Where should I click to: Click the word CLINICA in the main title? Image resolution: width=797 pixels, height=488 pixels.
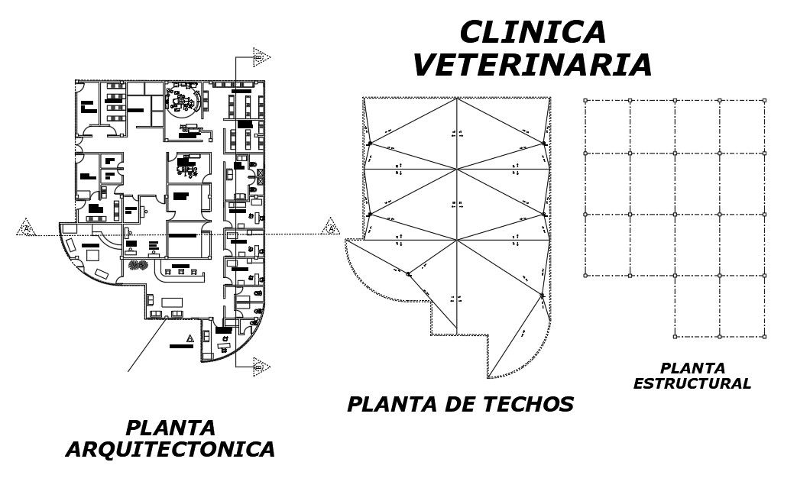[533, 33]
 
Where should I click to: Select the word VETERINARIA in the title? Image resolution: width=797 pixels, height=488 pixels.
[533, 65]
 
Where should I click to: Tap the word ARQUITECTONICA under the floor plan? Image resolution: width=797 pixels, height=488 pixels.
[170, 449]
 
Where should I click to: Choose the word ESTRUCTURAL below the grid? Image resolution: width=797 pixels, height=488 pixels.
[692, 384]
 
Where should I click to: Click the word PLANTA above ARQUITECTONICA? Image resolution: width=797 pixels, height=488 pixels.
[170, 428]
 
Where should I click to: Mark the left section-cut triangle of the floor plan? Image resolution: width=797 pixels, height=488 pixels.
[27, 228]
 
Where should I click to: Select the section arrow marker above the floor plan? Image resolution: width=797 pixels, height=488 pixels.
[261, 56]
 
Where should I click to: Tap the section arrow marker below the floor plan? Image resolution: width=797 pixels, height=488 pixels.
[261, 368]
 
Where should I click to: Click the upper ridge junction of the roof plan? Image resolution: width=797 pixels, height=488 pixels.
[457, 168]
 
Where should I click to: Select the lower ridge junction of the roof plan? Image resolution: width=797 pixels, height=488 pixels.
[457, 240]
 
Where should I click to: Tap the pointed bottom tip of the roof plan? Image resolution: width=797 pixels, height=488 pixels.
[489, 377]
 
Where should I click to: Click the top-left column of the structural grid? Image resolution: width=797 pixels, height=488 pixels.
[585, 100]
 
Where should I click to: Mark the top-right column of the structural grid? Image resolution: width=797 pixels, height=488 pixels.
[764, 100]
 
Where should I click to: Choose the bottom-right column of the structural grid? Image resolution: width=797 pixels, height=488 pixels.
[764, 336]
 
